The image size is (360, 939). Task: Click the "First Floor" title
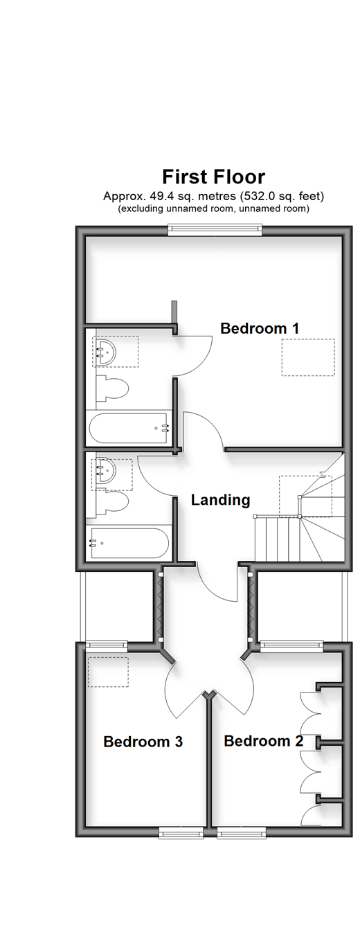point(214,177)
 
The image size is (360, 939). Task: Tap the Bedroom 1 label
point(260,328)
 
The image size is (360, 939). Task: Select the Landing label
point(220,500)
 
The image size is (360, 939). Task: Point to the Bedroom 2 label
point(264,741)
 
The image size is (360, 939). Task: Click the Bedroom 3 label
point(143,742)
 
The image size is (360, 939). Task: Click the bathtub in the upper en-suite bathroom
point(129,428)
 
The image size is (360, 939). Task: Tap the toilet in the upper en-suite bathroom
point(112,389)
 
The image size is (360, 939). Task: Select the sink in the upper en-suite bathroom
point(105,352)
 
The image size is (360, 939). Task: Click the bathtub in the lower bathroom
point(129,544)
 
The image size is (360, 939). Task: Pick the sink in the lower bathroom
point(105,472)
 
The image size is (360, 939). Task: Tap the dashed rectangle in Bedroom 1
point(308,357)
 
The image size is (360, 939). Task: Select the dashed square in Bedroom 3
point(108,672)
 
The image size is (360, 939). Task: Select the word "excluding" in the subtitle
point(142,208)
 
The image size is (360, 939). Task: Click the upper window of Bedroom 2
point(291,646)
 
